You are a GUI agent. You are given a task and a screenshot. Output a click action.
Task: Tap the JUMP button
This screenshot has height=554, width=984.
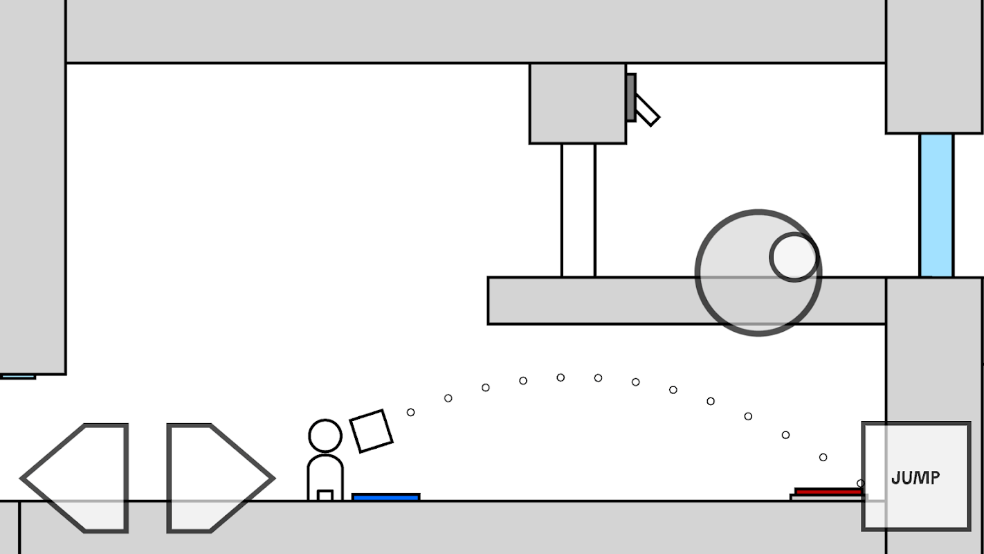(916, 476)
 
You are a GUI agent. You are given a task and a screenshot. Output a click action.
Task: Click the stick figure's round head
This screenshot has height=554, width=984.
(325, 436)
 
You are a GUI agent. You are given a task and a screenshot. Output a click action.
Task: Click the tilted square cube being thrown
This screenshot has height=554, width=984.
(371, 431)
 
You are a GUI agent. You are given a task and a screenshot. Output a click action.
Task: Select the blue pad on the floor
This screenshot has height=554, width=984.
(385, 497)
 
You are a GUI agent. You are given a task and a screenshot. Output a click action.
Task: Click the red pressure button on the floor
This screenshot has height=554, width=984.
(828, 492)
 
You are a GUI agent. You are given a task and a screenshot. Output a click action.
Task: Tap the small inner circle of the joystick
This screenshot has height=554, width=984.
(794, 257)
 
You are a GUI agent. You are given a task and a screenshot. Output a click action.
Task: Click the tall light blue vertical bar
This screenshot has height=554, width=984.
(936, 206)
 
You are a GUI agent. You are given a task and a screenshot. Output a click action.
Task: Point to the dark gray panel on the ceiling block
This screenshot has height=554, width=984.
(631, 97)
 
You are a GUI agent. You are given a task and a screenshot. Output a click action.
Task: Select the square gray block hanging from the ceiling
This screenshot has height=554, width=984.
(578, 103)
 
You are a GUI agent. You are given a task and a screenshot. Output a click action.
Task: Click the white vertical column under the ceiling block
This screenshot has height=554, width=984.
(578, 210)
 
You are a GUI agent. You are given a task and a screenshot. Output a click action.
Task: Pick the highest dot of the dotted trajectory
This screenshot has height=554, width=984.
(561, 377)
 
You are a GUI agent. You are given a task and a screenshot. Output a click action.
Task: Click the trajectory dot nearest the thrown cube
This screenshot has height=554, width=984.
(411, 413)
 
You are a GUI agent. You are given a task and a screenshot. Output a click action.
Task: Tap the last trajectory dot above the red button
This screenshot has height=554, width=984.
(861, 483)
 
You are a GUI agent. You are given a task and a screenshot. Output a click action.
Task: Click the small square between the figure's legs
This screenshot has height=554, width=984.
(325, 495)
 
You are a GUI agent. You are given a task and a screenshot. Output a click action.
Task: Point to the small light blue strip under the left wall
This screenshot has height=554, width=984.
(17, 377)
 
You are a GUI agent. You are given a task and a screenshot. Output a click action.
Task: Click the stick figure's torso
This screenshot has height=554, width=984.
(325, 478)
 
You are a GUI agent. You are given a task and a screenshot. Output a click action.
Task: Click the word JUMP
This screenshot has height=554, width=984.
(916, 478)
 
